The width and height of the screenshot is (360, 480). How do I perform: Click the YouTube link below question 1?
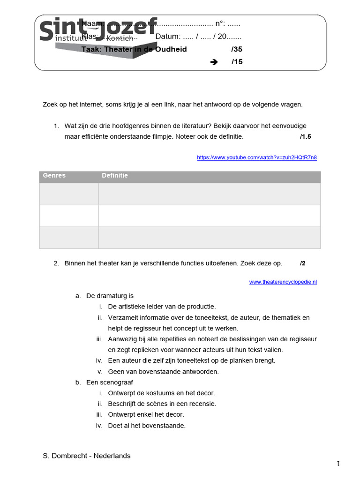coord(257,157)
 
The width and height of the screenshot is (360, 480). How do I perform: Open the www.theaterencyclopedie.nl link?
coord(283,282)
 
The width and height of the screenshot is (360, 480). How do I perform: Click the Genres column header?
coord(54,176)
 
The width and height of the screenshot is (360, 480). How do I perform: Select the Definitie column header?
coord(115,176)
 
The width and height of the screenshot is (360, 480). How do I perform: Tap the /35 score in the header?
coord(237,49)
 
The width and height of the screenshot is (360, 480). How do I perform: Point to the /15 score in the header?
coord(237,62)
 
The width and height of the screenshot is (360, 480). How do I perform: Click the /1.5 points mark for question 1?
coord(305,137)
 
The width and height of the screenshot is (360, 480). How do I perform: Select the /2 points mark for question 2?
coord(302,263)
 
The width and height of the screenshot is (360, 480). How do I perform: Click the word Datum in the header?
coord(167,37)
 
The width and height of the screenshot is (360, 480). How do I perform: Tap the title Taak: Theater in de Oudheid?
coord(134,49)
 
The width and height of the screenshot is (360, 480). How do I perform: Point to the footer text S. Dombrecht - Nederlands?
coord(87,456)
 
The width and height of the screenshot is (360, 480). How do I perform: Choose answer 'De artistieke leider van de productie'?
coord(162,307)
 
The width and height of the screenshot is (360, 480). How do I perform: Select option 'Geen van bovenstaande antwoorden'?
coord(163,372)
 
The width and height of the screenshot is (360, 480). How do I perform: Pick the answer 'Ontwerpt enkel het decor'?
coord(146,414)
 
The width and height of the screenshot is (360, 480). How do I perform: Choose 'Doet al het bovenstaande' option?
coord(147,426)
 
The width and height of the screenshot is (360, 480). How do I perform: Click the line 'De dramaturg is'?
coord(110,296)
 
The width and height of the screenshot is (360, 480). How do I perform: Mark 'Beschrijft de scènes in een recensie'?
coord(162,404)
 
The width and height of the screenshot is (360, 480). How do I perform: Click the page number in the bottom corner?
coord(338,464)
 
